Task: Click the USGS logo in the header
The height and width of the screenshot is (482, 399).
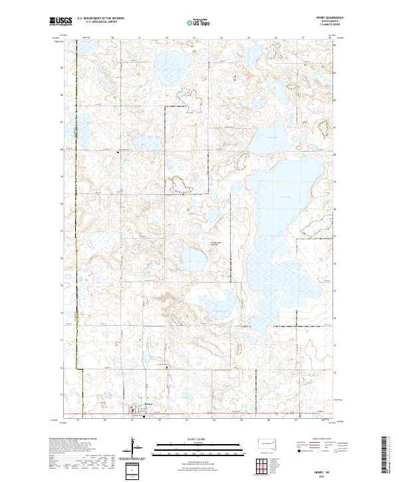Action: pyautogui.click(x=61, y=22)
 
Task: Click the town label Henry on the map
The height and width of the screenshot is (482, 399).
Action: pyautogui.click(x=148, y=404)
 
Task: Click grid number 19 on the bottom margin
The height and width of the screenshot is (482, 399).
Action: pyautogui.click(x=78, y=420)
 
